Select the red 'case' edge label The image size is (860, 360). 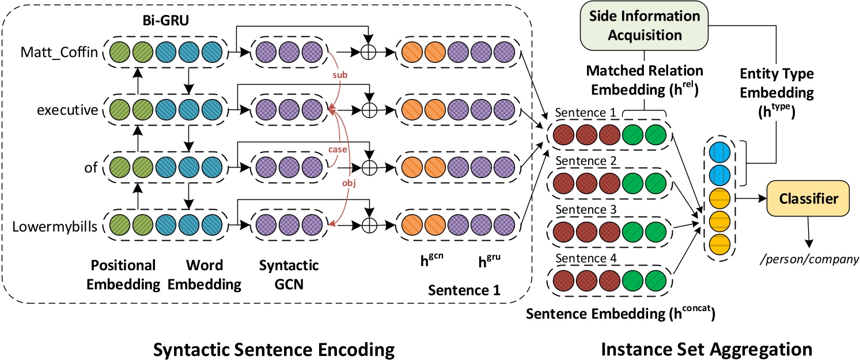338,149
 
